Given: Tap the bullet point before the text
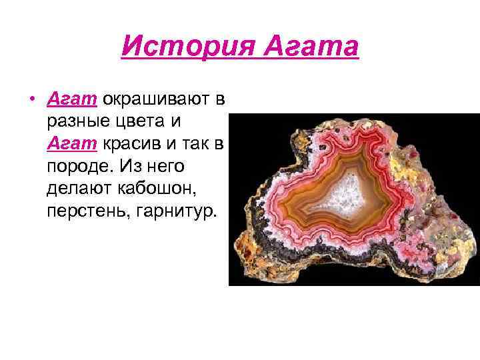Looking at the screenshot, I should coord(32,101).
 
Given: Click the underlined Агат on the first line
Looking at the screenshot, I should coord(72,100).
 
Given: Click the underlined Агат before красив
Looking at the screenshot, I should coord(72,145).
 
